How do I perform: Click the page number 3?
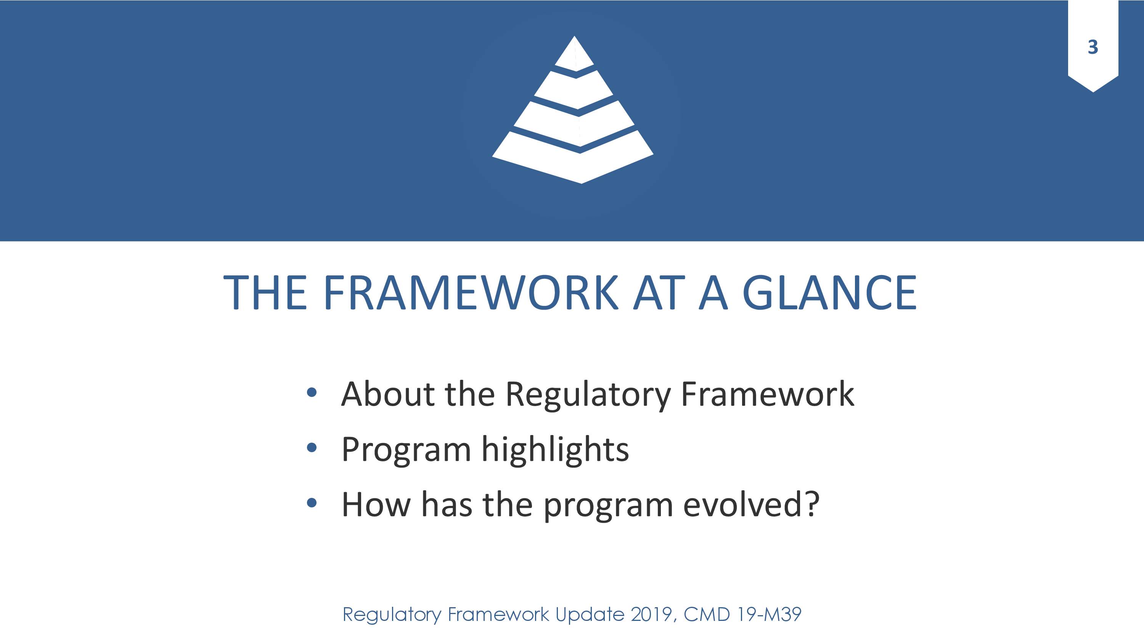pos(1093,46)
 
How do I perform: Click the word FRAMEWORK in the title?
pos(470,293)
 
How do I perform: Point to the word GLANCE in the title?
pos(829,293)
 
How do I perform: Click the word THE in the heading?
pos(265,293)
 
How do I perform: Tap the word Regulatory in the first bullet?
pos(588,395)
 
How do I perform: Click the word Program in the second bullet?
pos(406,450)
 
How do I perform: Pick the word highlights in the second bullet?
pos(555,449)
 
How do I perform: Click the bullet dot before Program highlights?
pos(312,448)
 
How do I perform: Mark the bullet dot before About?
pos(312,392)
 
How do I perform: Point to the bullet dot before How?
pos(312,503)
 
